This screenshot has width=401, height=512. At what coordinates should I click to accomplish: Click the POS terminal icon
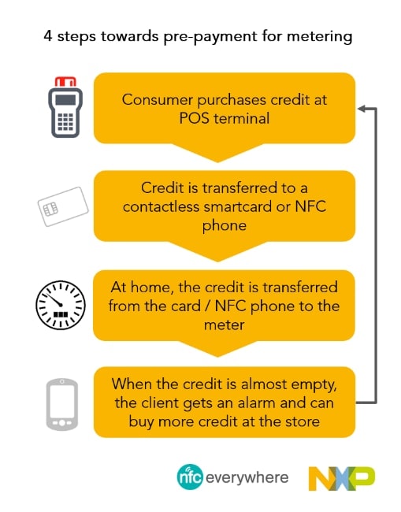coord(65,107)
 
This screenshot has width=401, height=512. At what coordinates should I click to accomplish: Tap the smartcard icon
coord(63,206)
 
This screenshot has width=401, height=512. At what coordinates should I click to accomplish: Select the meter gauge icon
coord(61,305)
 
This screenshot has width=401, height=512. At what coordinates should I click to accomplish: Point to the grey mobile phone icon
coord(62,404)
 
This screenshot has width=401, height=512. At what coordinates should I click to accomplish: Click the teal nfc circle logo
coord(190,477)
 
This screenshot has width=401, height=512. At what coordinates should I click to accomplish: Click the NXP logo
coord(342,478)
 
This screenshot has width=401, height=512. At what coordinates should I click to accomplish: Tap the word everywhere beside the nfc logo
coord(247,477)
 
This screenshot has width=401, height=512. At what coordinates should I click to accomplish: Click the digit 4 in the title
coord(48,36)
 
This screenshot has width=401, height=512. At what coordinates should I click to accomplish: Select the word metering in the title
coord(319,36)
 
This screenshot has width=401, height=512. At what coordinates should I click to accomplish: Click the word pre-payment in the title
coord(210,37)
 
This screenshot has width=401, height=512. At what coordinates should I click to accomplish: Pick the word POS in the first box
coord(194,118)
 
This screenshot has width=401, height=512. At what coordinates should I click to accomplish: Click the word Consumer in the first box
coord(158,99)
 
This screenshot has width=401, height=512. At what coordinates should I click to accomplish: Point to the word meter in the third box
coord(224,325)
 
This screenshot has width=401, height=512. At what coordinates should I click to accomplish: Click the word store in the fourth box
coord(302,422)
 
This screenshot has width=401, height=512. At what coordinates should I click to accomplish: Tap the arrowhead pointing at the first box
coord(362,109)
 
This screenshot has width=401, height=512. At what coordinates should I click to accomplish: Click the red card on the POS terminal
coord(65,81)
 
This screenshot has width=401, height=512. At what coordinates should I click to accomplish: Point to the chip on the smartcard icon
coord(50,209)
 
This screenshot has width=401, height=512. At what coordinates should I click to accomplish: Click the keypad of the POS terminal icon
coord(65,121)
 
